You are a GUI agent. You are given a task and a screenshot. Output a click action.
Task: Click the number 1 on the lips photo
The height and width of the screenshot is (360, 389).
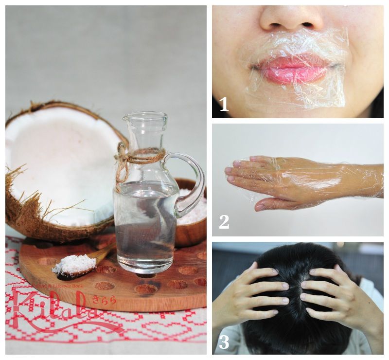[224, 104]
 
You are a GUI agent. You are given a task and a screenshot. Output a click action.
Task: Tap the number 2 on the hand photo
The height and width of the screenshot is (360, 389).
[224, 221]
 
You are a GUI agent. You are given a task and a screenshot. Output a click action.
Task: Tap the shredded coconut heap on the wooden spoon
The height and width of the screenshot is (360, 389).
[74, 264]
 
